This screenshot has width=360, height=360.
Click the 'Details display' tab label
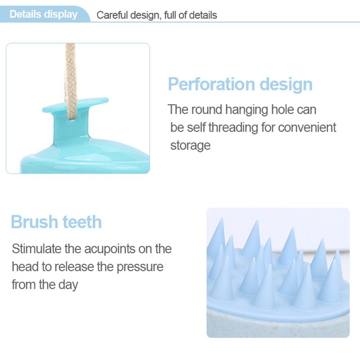pos(44,14)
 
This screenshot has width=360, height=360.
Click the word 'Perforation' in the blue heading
pos(211,84)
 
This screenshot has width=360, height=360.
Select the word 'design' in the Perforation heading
pos(286,85)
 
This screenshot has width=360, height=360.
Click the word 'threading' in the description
pos(233,128)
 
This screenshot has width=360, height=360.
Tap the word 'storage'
pos(190,146)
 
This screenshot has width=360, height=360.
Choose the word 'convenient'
pos(307,127)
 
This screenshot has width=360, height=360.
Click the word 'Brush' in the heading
pos(35,222)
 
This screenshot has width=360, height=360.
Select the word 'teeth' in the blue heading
pos(82,222)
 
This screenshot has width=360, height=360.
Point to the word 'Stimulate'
pos(36,249)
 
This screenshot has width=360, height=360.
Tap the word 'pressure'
pos(140,267)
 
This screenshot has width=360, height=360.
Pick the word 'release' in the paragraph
pos(74,267)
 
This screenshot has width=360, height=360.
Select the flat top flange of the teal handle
pos(75,104)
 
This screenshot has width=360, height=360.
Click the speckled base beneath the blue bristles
pos(278,326)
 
